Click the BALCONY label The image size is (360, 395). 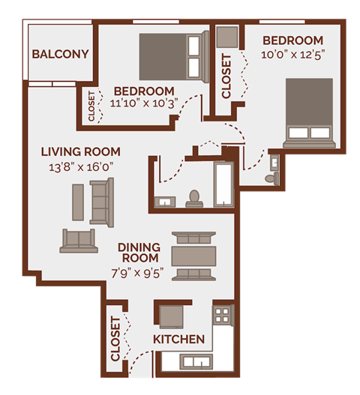pyautogui.click(x=61, y=54)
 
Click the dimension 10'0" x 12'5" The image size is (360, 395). pyautogui.click(x=292, y=54)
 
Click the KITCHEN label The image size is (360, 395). pyautogui.click(x=178, y=340)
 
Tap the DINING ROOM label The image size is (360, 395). pyautogui.click(x=139, y=253)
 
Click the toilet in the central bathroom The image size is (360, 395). pyautogui.click(x=194, y=198)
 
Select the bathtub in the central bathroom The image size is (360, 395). pyautogui.click(x=223, y=184)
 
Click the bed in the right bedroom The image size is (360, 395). pyautogui.click(x=308, y=112)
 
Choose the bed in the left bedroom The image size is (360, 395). pyautogui.click(x=172, y=55)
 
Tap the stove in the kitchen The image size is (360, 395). pyautogui.click(x=223, y=313)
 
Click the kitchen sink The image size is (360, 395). pyautogui.click(x=190, y=362)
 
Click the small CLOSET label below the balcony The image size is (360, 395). pyautogui.click(x=91, y=106)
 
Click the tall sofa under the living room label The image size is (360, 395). pyautogui.click(x=100, y=202)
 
